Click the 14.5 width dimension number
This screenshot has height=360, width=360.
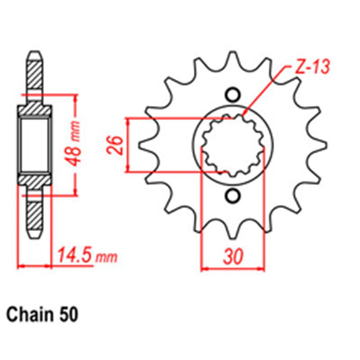74,256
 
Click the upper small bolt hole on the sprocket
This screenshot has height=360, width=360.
232,94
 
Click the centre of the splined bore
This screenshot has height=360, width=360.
232,145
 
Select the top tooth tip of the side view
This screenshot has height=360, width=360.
34,56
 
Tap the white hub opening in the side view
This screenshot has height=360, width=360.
34,143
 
